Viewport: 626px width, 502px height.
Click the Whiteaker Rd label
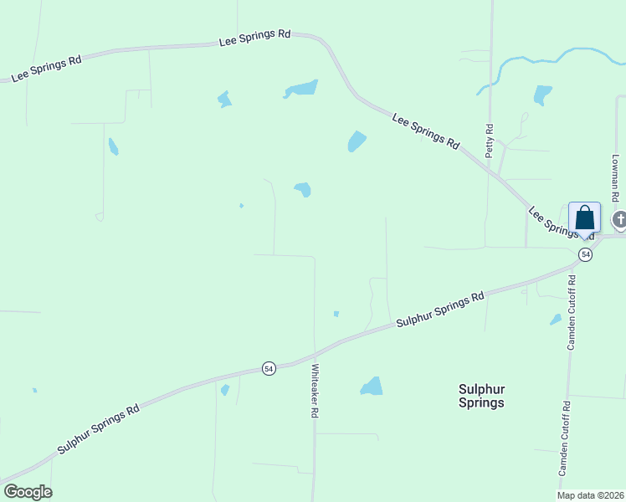(x=316, y=391)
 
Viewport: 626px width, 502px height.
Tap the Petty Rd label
(x=490, y=141)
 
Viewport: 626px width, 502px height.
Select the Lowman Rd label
(x=615, y=177)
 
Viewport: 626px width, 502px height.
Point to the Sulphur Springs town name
(x=481, y=395)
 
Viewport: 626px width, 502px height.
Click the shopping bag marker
(x=584, y=218)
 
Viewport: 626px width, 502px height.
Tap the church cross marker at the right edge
(x=619, y=221)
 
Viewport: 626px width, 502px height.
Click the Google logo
(x=28, y=492)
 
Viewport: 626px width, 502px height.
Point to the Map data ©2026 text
(x=591, y=495)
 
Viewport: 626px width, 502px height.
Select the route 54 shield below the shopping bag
(x=585, y=254)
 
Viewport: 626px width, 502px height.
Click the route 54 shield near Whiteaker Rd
(x=268, y=368)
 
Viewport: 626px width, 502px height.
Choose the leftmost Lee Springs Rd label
(x=46, y=69)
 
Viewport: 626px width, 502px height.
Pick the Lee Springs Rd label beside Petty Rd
(x=426, y=132)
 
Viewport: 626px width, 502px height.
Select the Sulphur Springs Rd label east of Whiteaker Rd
(x=440, y=309)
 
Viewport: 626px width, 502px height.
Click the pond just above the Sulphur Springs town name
(x=372, y=387)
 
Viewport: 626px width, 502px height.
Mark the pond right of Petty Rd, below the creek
(x=543, y=95)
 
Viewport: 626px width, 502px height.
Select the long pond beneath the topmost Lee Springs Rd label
(x=301, y=88)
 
